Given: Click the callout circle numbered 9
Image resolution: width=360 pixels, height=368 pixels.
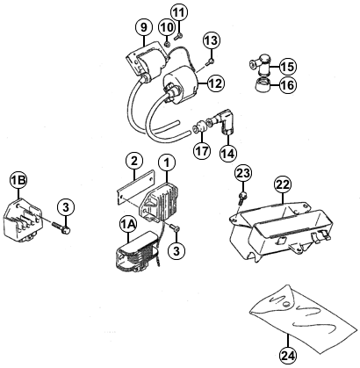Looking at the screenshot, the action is pos(144,27).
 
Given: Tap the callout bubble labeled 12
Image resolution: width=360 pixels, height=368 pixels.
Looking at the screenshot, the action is pos(216,83).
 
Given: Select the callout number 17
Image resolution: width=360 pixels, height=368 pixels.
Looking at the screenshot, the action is pos(202,151).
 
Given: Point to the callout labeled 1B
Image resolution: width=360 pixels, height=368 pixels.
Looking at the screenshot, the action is pos(18,180).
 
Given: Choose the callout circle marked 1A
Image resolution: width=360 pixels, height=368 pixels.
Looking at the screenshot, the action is pos(128,225).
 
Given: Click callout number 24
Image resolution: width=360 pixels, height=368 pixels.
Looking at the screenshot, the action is pos(288,356).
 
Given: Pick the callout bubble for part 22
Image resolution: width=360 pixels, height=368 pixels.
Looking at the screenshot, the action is pos(283,185).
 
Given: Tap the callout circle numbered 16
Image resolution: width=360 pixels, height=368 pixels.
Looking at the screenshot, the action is pos(288,85).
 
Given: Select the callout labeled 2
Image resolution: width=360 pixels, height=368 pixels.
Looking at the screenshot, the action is pos(134,162).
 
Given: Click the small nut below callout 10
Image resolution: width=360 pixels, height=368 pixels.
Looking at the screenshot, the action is pos(168,44).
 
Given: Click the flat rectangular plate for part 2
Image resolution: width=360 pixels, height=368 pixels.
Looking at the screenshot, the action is pos(135,186).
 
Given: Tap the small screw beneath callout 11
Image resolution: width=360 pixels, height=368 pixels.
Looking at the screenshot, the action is pos(178,37).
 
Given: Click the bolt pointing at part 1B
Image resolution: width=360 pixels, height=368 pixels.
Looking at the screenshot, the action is pos(61,228).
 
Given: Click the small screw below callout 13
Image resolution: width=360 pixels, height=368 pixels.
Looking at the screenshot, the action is pos(211,61).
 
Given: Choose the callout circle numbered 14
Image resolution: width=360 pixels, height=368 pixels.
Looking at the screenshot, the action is pos(227,153).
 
